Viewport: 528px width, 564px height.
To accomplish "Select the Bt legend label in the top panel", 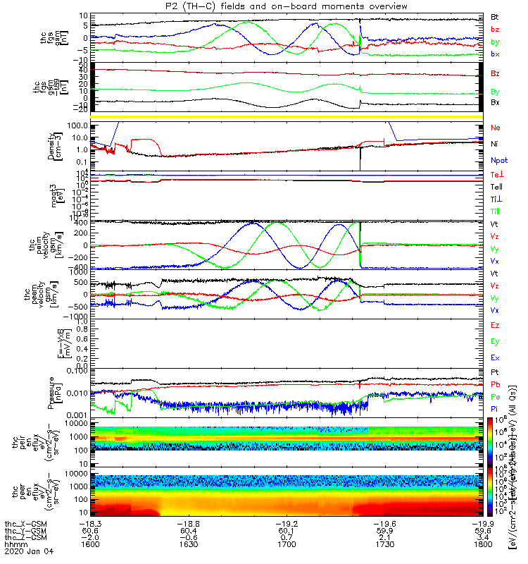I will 495,16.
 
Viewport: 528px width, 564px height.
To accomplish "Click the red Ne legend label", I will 496,128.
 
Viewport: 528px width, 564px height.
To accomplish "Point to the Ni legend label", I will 495,144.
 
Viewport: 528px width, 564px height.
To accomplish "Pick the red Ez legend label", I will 496,325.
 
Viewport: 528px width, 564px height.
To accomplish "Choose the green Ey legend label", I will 496,342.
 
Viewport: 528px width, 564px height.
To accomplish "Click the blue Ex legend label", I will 496,359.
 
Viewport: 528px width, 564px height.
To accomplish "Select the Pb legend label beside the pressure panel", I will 496,385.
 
